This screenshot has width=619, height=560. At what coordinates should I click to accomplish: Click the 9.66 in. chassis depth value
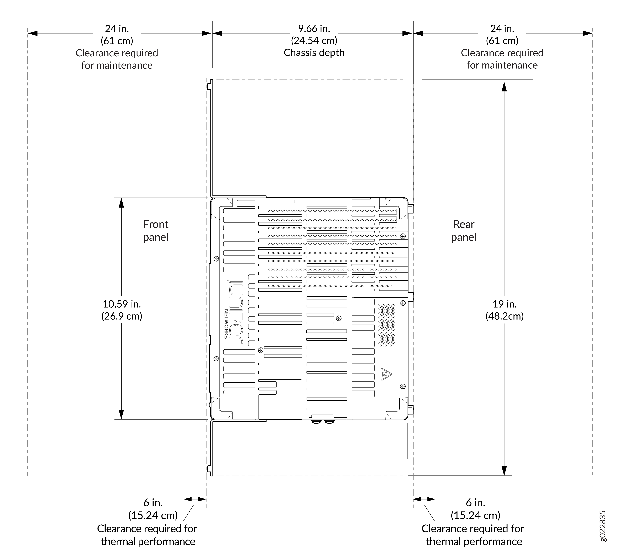[x=314, y=29]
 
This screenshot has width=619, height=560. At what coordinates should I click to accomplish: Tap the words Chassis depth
[x=314, y=53]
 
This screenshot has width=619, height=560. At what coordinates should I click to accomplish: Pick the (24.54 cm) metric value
[x=314, y=41]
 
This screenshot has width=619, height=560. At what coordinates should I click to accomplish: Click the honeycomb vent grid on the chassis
[x=387, y=325]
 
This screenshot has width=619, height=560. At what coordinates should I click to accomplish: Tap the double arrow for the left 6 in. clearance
[x=195, y=499]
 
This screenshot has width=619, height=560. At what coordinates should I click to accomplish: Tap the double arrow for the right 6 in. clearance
[x=424, y=499]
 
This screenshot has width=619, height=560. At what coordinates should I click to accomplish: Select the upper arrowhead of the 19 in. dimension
[x=504, y=87]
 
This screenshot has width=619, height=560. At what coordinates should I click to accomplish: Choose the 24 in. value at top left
[x=117, y=29]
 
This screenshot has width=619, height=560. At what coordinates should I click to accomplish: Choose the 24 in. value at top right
[x=502, y=29]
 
